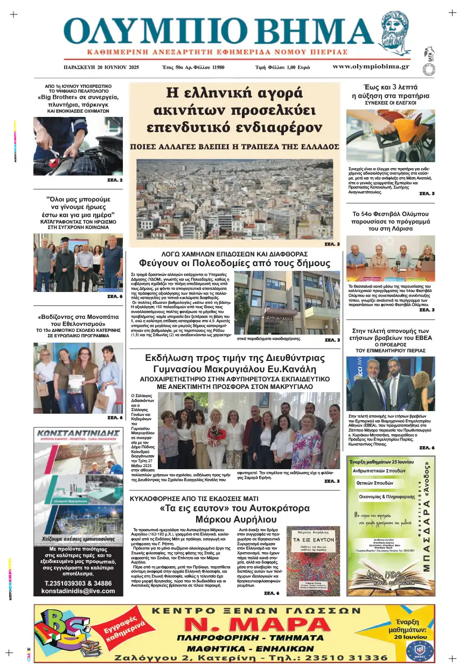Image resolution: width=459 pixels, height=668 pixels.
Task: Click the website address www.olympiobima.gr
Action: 371,67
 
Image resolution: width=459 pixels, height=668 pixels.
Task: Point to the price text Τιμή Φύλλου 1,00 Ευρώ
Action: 282,68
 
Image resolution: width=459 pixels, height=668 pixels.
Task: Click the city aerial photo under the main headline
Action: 238,199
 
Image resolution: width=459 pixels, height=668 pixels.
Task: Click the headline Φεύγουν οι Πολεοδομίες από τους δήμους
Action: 234,263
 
